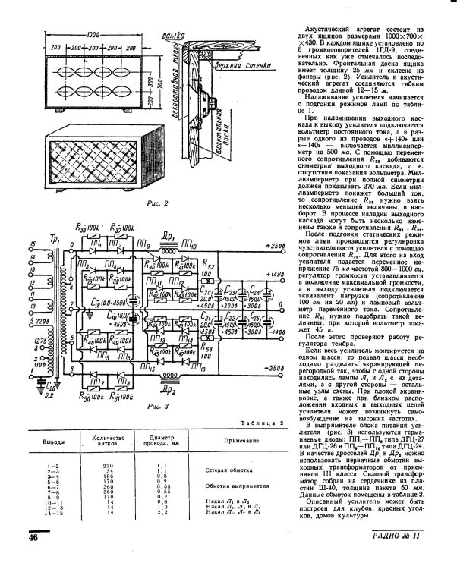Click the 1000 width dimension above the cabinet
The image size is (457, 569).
(93, 36)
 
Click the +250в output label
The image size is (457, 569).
(276, 247)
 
